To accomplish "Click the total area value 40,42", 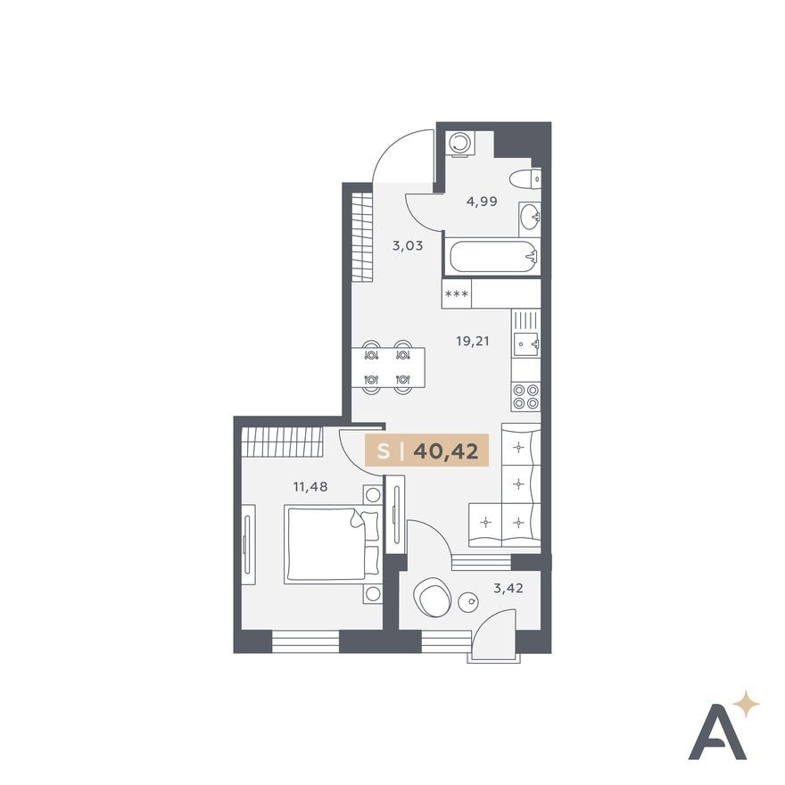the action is click(445, 451).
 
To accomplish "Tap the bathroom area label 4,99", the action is click(482, 202).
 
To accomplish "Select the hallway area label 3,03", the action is click(408, 246).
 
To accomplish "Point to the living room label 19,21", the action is click(473, 342).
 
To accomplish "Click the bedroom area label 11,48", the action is click(310, 486).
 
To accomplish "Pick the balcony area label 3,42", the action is click(508, 588).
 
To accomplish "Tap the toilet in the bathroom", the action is click(525, 178).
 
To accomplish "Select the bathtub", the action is click(494, 257).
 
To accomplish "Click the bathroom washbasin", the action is click(530, 219).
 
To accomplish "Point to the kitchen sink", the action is click(526, 344).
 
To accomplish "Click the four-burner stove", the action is click(525, 396).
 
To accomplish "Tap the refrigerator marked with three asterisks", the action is click(457, 293).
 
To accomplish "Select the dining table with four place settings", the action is click(388, 368).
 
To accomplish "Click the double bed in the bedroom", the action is click(332, 544).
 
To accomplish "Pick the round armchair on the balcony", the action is click(433, 598).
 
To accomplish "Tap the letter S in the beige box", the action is click(384, 452).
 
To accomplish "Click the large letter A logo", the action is click(717, 735).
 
